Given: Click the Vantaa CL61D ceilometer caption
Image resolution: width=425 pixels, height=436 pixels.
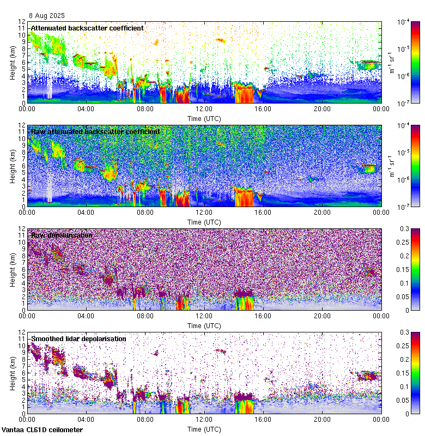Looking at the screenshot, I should pos(42,430).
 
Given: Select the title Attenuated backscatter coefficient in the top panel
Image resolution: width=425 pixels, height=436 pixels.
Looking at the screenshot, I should pos(87,28).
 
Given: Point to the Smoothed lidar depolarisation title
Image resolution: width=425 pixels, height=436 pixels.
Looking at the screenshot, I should pos(78,338).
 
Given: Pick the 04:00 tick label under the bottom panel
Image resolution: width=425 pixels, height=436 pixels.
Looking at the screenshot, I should pos(86,420).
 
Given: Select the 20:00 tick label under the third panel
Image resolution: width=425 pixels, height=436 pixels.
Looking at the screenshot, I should pos(322,316).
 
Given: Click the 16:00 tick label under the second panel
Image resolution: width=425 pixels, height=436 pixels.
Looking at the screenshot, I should pos(263,213).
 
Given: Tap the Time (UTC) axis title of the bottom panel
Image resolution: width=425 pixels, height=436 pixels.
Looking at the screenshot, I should pos(204,429).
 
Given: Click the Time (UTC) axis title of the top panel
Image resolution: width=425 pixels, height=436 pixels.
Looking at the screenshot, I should pos(204,118).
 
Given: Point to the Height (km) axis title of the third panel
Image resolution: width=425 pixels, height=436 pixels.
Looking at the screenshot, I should pos(12,269).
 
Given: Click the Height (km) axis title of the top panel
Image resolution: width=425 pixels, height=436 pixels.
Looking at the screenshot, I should pos(12,62).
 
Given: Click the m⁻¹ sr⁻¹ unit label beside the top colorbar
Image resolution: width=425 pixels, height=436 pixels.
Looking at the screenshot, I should pos(390,62).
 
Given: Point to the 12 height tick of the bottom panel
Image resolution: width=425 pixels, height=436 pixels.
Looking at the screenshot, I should pos(21,332).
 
